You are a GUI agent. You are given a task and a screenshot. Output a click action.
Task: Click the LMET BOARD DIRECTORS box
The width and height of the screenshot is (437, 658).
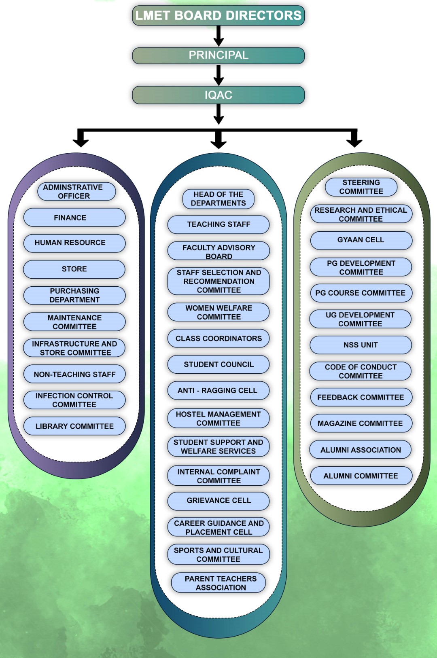(x=218, y=15)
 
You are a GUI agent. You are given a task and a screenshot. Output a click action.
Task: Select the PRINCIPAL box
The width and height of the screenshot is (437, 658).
(x=218, y=55)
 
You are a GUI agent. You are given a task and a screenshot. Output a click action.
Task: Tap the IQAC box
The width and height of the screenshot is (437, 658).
(x=218, y=95)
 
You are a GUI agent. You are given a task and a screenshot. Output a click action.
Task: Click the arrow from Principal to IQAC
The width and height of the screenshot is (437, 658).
(x=218, y=75)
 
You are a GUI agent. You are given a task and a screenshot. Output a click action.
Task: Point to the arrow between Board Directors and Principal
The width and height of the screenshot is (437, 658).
(x=218, y=36)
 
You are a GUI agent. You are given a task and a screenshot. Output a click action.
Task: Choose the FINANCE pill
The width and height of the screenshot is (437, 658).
(x=74, y=218)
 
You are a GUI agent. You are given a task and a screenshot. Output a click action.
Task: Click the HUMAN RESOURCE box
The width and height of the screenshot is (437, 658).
(x=74, y=243)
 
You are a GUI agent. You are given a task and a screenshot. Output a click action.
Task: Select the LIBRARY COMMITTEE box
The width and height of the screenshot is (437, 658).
(x=74, y=426)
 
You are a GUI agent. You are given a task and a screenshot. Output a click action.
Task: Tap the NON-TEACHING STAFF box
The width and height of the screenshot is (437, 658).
(x=74, y=374)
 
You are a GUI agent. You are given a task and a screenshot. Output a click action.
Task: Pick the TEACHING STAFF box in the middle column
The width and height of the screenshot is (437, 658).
(x=218, y=224)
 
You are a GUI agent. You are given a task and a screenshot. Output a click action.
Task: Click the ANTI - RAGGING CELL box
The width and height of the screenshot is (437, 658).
(x=218, y=391)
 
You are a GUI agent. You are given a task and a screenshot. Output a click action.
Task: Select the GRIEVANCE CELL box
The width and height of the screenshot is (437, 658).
(x=218, y=501)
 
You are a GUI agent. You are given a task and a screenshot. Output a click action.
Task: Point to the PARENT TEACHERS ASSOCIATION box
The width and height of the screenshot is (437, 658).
(x=218, y=583)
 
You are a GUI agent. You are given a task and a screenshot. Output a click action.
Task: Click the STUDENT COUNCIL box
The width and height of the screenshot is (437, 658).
(x=218, y=364)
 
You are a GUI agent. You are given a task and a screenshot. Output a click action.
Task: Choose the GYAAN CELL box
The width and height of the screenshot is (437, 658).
(x=361, y=240)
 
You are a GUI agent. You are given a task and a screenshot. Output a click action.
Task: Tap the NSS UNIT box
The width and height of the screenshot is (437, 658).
(x=361, y=345)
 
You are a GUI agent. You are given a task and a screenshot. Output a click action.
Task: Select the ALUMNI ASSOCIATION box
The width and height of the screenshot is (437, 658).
(x=361, y=450)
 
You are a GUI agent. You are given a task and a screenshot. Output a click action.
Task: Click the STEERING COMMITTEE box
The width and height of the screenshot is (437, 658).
(x=361, y=187)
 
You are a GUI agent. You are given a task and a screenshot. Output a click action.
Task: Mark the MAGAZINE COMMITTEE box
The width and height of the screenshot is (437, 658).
(x=361, y=423)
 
